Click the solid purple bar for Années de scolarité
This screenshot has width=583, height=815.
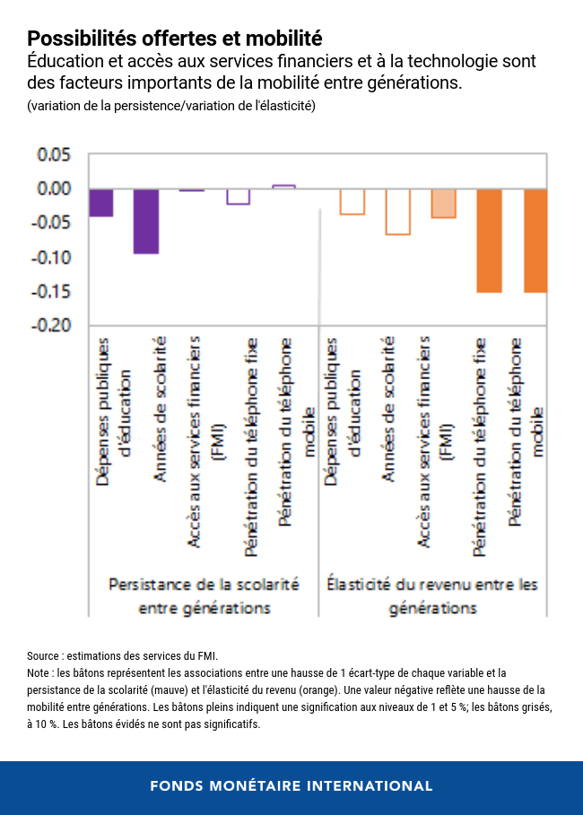tap(146, 221)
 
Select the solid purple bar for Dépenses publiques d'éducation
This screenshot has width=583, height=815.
tap(101, 203)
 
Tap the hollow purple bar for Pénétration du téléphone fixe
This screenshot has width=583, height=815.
tap(238, 196)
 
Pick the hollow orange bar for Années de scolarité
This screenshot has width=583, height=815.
tap(397, 212)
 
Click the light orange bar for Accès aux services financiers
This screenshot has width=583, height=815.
tap(443, 204)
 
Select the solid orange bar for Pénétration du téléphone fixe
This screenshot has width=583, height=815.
tap(489, 240)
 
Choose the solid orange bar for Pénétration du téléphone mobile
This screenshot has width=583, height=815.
tap(535, 240)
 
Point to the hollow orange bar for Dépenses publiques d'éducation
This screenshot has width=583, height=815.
tap(352, 202)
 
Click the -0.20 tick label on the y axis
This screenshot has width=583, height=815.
tap(51, 325)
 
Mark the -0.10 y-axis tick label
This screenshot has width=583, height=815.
tap(51, 257)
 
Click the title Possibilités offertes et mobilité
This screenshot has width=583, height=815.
tap(174, 39)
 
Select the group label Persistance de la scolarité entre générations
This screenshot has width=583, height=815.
tap(204, 595)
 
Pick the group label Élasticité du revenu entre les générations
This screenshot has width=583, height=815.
tap(432, 595)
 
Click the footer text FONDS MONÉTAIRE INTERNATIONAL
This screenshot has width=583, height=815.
tap(291, 786)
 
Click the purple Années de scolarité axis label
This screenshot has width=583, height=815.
tap(160, 408)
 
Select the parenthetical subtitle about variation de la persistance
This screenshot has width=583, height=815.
tap(170, 106)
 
